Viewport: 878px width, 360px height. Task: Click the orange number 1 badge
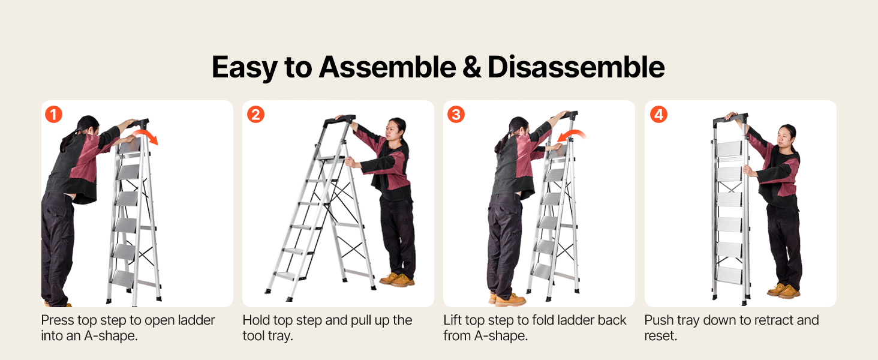(x=54, y=115)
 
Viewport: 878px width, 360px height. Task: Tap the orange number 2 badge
(x=255, y=115)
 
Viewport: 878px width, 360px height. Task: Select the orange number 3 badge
(x=456, y=115)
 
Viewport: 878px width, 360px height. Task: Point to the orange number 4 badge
(x=659, y=115)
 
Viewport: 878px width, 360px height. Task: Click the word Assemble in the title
(x=387, y=67)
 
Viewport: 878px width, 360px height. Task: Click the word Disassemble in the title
(x=576, y=67)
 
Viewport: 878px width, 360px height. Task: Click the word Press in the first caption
(x=58, y=320)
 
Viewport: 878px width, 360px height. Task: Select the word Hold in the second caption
(x=257, y=320)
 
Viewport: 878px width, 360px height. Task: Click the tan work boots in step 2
(x=397, y=279)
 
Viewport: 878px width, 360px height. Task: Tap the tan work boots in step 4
(x=784, y=290)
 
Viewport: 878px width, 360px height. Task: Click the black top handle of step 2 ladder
(x=339, y=119)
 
